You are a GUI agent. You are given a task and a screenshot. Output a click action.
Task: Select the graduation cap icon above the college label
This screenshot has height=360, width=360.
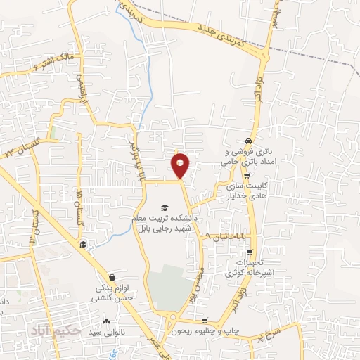(165, 207)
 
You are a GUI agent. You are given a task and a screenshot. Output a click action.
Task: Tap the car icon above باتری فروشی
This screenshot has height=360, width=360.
(247, 140)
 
